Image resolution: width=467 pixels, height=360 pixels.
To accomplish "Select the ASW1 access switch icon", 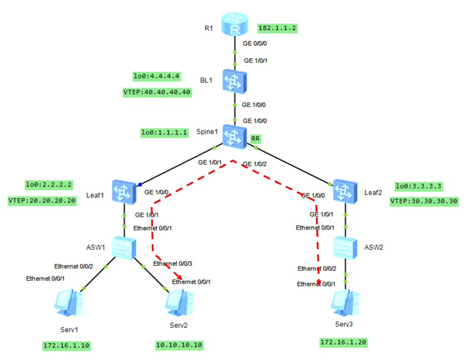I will coord(123,247).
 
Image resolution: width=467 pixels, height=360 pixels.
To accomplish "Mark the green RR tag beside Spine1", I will coord(256,138).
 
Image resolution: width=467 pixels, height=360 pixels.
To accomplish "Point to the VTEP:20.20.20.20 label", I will coord(43,200).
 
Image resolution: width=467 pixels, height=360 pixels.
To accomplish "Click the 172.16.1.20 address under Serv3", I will coord(343,342).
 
